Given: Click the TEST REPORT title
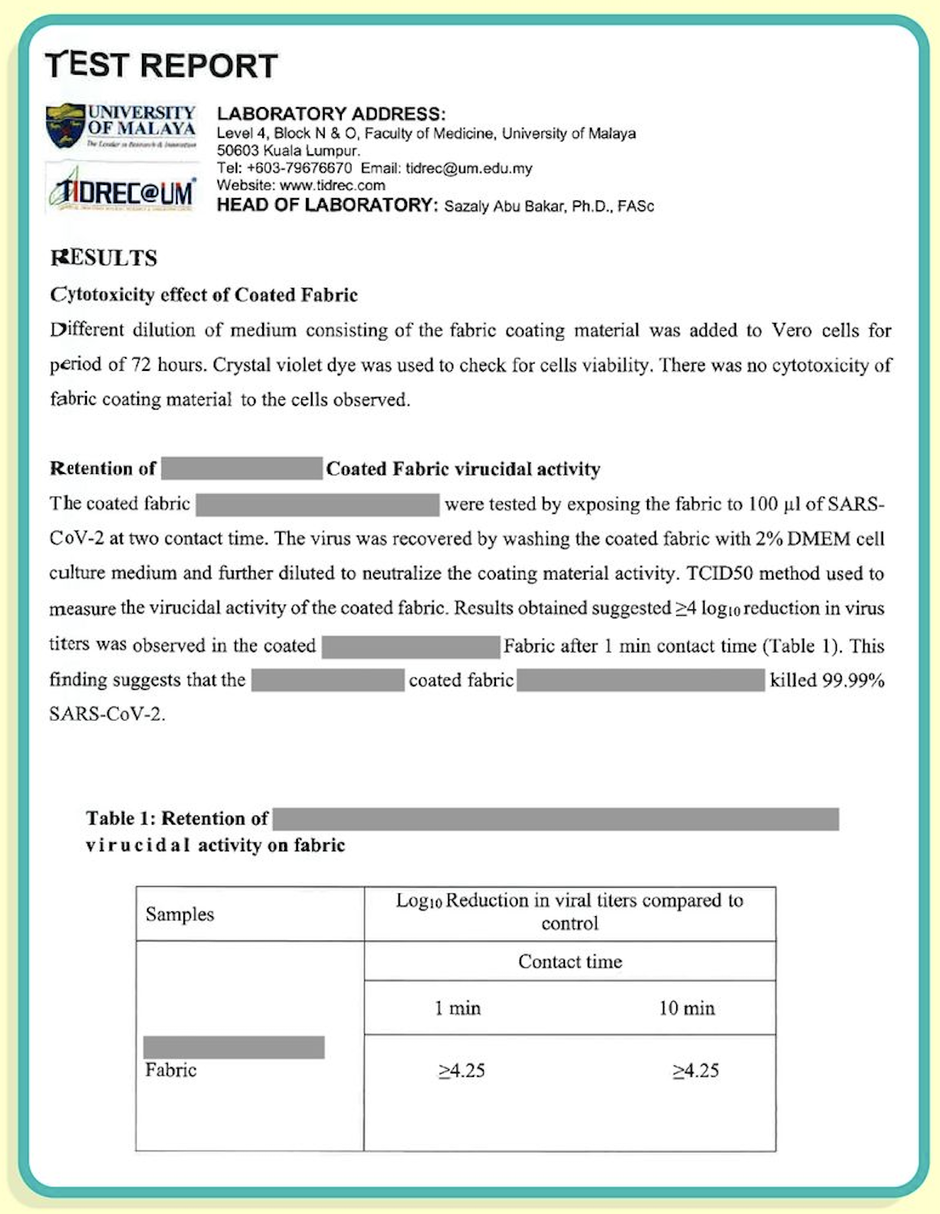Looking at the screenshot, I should [x=162, y=66].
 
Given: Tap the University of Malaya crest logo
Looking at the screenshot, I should [x=66, y=126].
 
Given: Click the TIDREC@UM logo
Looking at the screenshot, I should [x=122, y=190].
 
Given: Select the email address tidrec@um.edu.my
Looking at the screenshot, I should [x=468, y=169].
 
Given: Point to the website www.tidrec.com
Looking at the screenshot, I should [x=332, y=186].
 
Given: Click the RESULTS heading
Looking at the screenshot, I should [x=104, y=258].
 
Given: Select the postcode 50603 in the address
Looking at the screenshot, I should [x=237, y=151].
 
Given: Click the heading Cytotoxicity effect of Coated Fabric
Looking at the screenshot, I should [x=204, y=295].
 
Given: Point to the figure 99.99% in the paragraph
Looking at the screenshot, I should [x=853, y=680].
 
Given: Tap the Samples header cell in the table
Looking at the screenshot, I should [x=179, y=915].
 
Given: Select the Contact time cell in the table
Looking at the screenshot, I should [x=570, y=962].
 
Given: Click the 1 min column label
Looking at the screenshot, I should [x=458, y=1008].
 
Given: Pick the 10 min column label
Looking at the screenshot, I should [x=687, y=1008].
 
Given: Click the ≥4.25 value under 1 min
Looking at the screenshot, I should [x=461, y=1070].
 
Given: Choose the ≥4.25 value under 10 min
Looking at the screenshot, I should [x=696, y=1070].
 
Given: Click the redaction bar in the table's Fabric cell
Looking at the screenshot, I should [x=234, y=1047].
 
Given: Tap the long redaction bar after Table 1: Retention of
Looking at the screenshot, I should [x=555, y=819].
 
